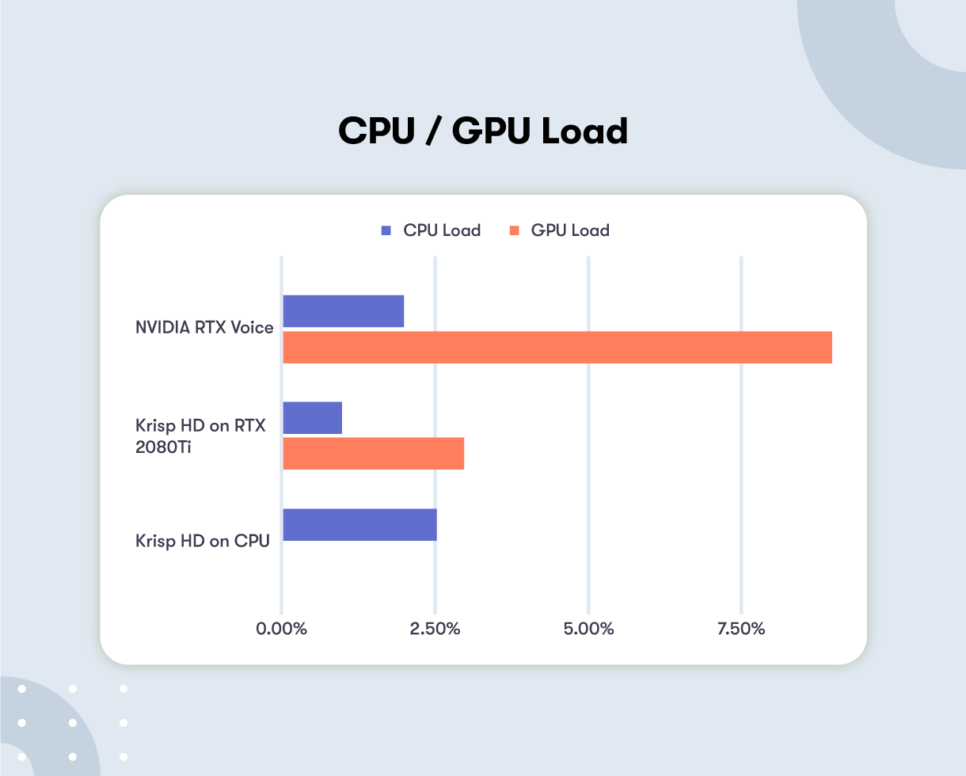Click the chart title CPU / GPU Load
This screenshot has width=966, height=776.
(x=483, y=131)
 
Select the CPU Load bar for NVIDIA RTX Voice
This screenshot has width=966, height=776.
(x=343, y=311)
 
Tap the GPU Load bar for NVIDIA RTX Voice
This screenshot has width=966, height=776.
(x=557, y=348)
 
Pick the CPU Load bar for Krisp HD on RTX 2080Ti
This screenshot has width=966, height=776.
(x=312, y=417)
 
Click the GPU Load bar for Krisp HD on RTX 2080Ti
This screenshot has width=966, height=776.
(x=373, y=454)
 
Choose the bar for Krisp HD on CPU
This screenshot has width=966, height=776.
(x=359, y=524)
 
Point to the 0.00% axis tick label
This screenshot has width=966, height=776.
(x=281, y=630)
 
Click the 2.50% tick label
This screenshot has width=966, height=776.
(x=435, y=630)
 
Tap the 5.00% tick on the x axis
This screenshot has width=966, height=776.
(x=588, y=630)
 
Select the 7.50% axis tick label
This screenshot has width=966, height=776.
(x=741, y=630)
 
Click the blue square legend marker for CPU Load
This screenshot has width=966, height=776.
(x=386, y=231)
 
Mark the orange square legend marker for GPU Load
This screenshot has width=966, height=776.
(x=514, y=231)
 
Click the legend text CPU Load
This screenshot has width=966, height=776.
(x=442, y=231)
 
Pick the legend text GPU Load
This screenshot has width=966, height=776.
(x=570, y=231)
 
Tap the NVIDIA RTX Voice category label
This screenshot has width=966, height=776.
(x=204, y=327)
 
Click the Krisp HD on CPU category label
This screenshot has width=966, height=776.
(x=203, y=542)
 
